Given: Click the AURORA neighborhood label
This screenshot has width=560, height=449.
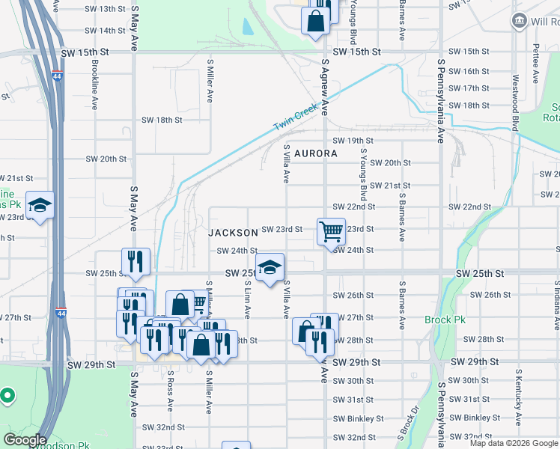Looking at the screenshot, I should pos(315,153).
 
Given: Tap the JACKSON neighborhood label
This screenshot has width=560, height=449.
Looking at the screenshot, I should pos(234,233).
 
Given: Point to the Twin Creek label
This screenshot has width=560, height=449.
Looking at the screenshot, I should pos(296,119).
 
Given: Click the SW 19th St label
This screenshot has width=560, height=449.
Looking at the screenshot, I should pos(353,141).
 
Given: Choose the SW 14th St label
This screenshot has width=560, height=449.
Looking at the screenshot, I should pos(105,31).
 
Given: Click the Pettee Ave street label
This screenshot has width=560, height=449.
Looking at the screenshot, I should pos(536,60).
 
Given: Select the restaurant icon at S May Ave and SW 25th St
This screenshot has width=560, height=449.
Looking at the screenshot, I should pos(136,260).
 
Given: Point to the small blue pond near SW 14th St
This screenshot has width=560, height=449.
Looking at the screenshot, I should pos(247,27).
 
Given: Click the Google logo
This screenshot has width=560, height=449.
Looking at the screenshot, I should pos(24,440).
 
